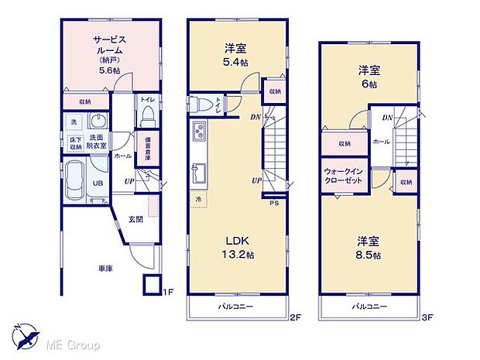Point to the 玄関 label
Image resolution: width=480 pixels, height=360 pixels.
[x=135, y=219]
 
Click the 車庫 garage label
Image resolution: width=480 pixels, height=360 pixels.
[x=105, y=269]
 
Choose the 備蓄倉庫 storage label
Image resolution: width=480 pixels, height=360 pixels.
[x=147, y=149]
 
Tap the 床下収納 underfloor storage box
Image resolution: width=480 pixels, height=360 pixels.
[x=75, y=142]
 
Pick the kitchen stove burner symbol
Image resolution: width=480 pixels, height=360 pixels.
[x=198, y=130]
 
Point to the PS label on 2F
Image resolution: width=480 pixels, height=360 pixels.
[x=273, y=204]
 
